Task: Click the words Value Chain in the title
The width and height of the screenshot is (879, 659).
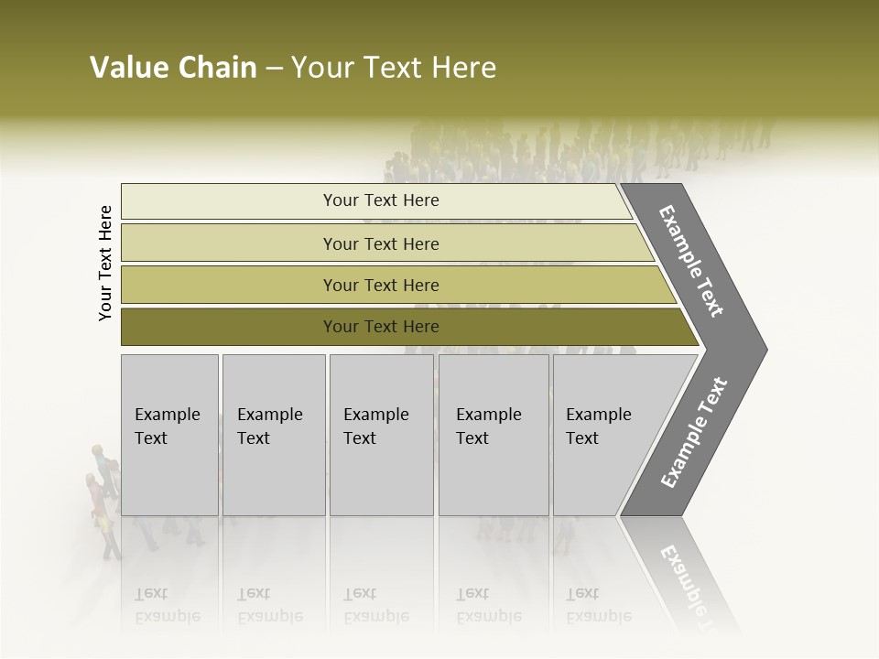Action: point(173,68)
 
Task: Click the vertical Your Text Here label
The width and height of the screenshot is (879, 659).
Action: point(105,264)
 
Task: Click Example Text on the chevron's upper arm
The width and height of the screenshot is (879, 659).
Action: point(691,262)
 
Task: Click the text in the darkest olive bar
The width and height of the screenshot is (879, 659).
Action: point(381,327)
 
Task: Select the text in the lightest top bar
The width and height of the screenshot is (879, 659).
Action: point(381,200)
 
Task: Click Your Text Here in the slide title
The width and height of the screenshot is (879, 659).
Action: point(394,68)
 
